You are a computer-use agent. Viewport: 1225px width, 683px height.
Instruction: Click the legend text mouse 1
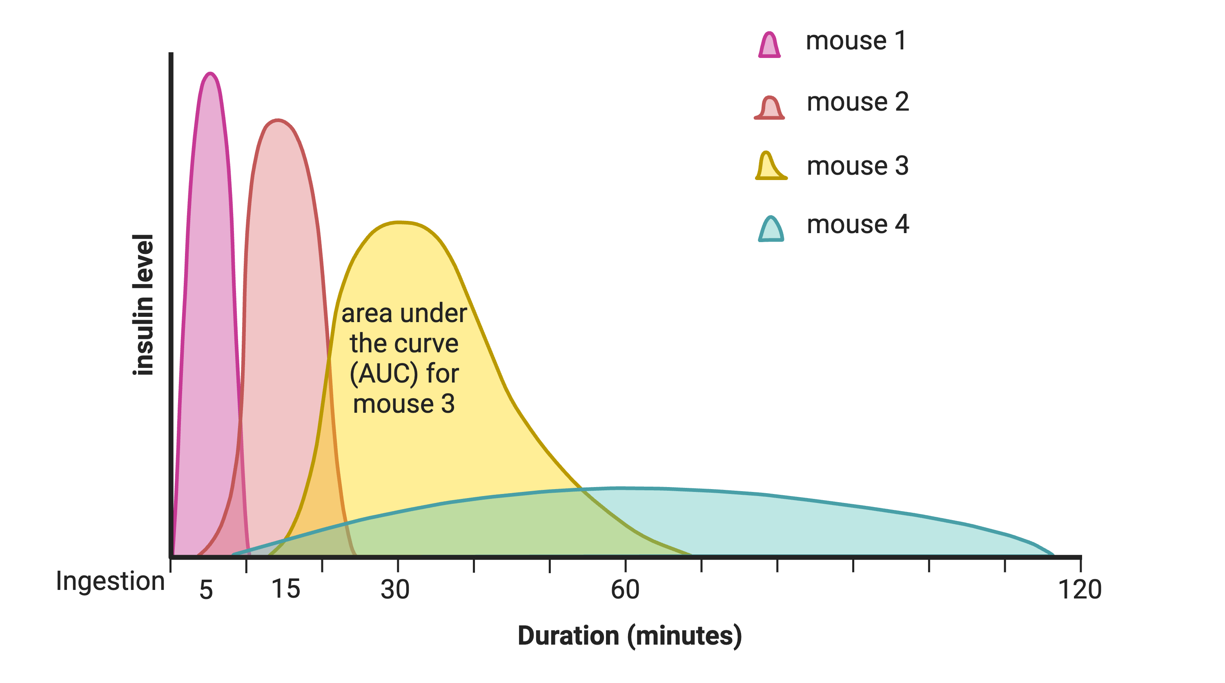pyautogui.click(x=855, y=41)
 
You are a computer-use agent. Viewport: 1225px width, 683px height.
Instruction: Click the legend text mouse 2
pyautogui.click(x=857, y=102)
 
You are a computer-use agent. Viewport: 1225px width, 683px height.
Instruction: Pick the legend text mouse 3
pyautogui.click(x=857, y=166)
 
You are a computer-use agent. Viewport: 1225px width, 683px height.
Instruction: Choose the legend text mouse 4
pyautogui.click(x=857, y=225)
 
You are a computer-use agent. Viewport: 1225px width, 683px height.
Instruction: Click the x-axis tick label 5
pyautogui.click(x=206, y=590)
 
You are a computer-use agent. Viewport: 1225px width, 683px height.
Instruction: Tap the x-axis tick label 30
pyautogui.click(x=395, y=590)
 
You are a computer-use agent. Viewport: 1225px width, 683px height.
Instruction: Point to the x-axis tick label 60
pyautogui.click(x=625, y=590)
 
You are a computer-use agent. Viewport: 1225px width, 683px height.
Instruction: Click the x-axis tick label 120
pyautogui.click(x=1080, y=590)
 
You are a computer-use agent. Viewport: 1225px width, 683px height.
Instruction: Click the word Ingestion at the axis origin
pyautogui.click(x=110, y=581)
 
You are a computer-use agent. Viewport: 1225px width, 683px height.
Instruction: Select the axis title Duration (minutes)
pyautogui.click(x=629, y=636)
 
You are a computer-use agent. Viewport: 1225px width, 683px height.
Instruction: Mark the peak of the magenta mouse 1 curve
pyautogui.click(x=210, y=73)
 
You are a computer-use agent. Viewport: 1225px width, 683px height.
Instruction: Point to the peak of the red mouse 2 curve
pyautogui.click(x=278, y=120)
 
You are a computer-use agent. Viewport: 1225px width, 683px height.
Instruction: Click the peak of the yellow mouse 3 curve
pyautogui.click(x=399, y=222)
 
